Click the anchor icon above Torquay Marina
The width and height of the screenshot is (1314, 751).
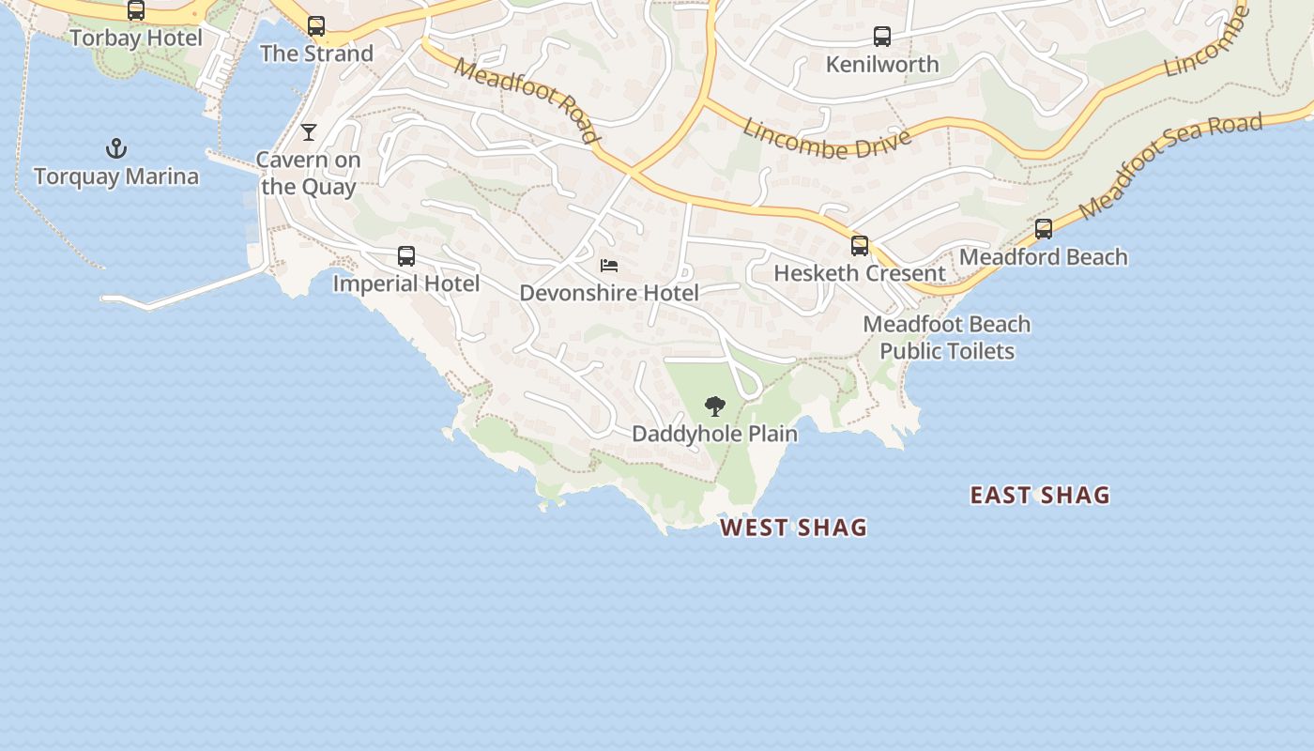point(116,148)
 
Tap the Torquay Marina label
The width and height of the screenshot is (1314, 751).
point(116,176)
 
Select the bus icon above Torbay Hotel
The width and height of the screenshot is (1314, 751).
point(136,10)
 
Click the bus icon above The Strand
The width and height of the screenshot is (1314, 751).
point(316,26)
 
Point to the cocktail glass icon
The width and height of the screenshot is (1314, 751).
point(309,132)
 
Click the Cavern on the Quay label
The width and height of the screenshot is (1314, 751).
point(309,173)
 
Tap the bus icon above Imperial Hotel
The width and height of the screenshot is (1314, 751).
point(406,256)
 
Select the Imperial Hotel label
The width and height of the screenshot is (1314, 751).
point(406,284)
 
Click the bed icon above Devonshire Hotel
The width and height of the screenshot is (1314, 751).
point(609,266)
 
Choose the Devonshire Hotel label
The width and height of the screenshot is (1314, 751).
point(609,293)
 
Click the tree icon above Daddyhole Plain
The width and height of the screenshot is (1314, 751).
point(715,406)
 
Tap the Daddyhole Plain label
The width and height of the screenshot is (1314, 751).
point(715,434)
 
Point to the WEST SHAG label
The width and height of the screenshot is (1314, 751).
point(793,528)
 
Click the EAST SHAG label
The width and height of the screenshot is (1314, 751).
point(1040,495)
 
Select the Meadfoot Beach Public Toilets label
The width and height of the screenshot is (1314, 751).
point(947,338)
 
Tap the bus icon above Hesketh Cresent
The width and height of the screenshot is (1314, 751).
point(860,246)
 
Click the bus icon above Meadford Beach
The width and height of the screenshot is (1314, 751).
point(1044,229)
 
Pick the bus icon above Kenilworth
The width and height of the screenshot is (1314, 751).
point(882,37)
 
